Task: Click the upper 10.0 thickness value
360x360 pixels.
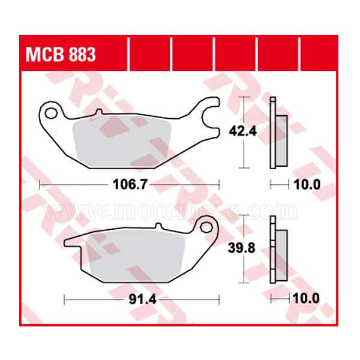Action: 307,184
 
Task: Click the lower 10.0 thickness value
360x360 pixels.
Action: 307,298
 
